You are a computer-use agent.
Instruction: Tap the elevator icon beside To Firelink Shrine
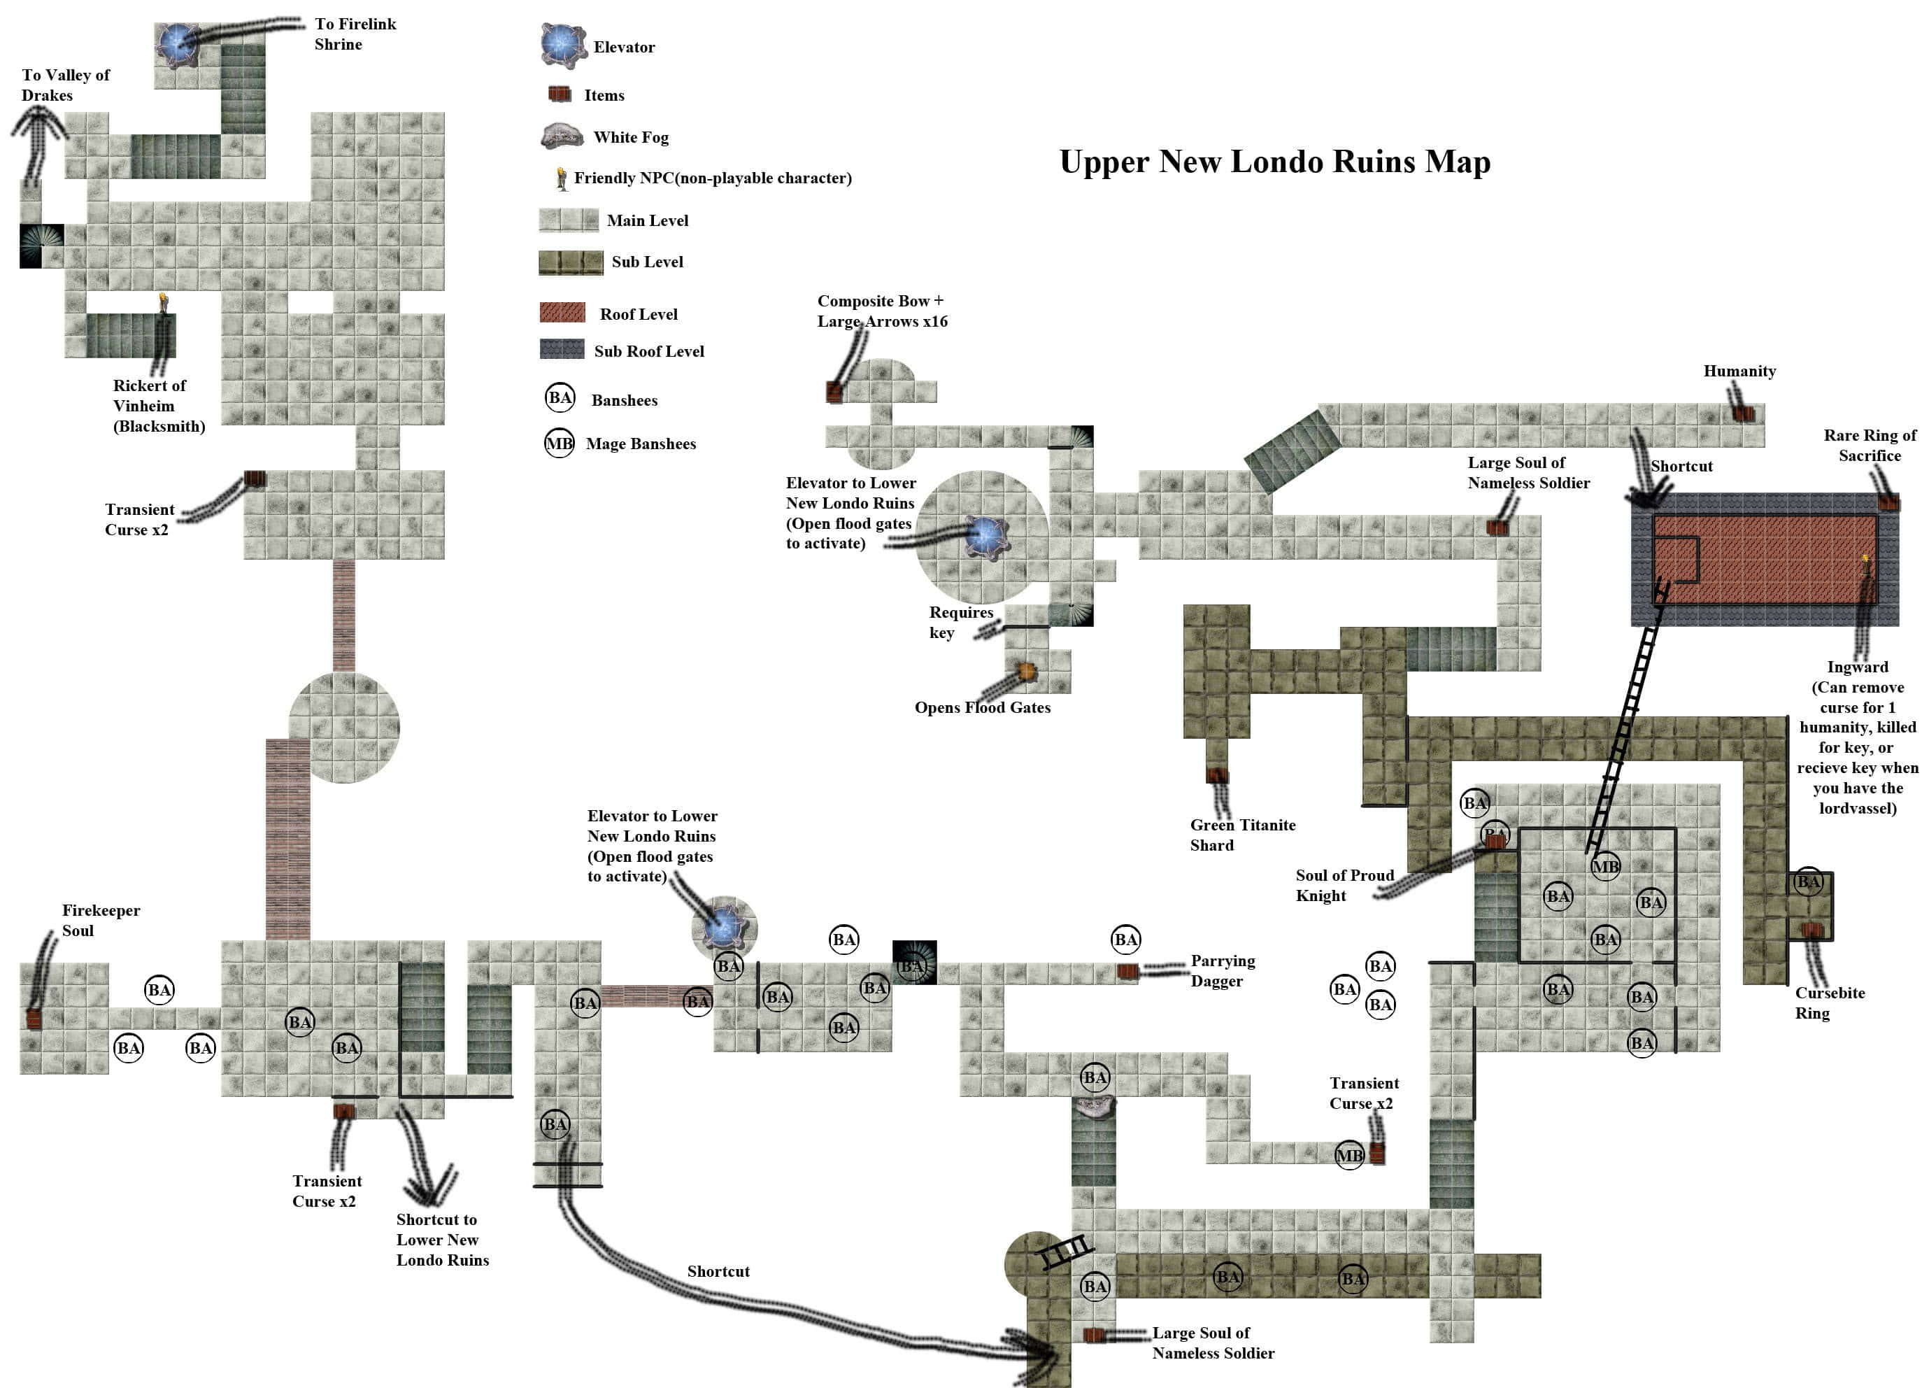tap(178, 45)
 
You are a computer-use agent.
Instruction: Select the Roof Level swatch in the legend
tap(562, 313)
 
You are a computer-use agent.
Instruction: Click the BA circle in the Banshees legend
tap(560, 397)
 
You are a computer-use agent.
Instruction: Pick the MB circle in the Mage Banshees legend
tap(560, 443)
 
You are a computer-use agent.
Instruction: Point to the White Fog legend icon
tap(562, 136)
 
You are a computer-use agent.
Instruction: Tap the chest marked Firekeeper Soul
tap(34, 1019)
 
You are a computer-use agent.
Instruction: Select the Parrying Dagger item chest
tap(1127, 972)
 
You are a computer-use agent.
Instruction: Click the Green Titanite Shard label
tap(1242, 835)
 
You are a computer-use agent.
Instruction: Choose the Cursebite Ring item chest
tap(1811, 930)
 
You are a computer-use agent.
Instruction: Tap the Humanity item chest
tap(1743, 413)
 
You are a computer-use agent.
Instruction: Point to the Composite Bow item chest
tap(834, 391)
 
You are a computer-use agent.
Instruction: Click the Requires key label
tap(960, 623)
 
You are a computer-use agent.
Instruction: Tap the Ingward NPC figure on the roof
tap(1866, 562)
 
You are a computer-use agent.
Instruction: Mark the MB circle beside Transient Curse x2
tap(1349, 1155)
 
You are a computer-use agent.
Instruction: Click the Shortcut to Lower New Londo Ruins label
tap(442, 1239)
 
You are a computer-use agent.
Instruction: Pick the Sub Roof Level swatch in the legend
tap(562, 349)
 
